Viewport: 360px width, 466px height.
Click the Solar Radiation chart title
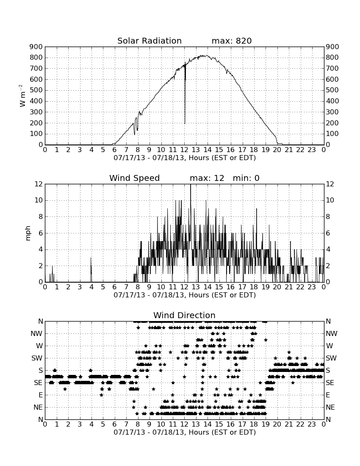[x=150, y=41]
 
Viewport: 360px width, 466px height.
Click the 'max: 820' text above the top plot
[x=232, y=41]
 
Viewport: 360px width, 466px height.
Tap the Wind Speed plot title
[x=135, y=178]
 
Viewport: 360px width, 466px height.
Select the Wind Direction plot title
[x=185, y=315]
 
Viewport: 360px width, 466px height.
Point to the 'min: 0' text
[x=246, y=178]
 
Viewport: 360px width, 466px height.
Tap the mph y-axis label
[x=28, y=233]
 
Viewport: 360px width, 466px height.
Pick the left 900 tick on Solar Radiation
[x=36, y=47]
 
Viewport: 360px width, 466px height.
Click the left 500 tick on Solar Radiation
[x=36, y=90]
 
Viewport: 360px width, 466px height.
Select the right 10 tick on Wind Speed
[x=330, y=200]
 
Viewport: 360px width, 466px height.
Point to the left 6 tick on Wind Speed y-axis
[x=41, y=233]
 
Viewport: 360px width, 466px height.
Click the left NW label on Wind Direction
[x=36, y=334]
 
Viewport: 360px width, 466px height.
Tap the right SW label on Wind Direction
[x=331, y=358]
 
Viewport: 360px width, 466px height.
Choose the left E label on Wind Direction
[x=41, y=395]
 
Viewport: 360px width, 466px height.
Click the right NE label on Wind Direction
[x=330, y=407]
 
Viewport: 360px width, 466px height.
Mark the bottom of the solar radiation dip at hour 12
[x=185, y=123]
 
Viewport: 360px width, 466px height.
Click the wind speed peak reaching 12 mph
[x=191, y=185]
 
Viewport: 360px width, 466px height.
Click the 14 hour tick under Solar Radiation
[x=208, y=150]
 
